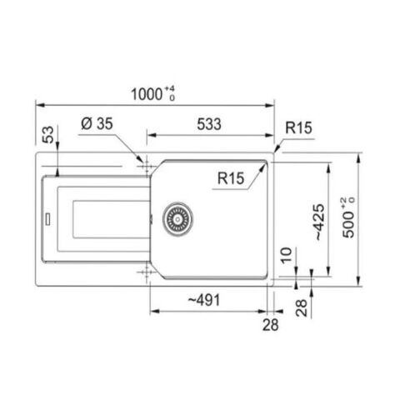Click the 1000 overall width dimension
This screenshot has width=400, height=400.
[152, 94]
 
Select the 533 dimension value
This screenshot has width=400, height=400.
[209, 124]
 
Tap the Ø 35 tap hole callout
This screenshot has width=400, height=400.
[97, 123]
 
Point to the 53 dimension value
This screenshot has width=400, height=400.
[48, 134]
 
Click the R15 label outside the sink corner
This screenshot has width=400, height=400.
[298, 127]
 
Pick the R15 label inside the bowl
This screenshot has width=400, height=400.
[231, 178]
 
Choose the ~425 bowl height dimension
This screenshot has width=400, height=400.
[320, 222]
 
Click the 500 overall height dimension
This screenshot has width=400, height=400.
[348, 217]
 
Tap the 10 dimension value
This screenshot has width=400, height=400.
[287, 255]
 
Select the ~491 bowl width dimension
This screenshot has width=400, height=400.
[204, 300]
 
